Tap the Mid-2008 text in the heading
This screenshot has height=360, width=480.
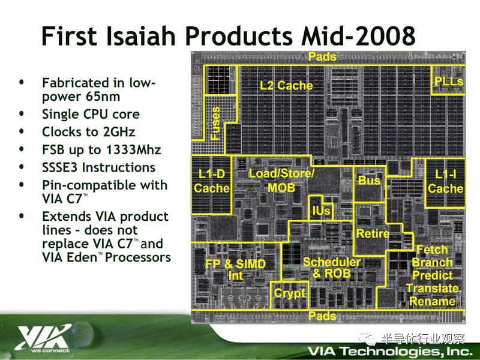[358, 36]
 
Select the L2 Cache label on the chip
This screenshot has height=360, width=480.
[286, 85]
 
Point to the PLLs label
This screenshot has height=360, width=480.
[449, 81]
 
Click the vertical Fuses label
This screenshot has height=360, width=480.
[215, 123]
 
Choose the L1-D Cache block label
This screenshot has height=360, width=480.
[212, 181]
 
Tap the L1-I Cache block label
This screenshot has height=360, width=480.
[445, 181]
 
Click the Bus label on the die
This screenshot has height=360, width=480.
[369, 181]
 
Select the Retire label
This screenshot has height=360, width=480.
[373, 233]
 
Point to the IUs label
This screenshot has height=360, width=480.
[321, 211]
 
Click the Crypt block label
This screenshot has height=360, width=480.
[290, 293]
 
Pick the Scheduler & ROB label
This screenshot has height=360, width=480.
[332, 268]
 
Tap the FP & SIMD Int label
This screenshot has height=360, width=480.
[235, 269]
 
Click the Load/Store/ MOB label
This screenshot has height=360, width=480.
[281, 181]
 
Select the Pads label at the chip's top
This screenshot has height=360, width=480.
[322, 56]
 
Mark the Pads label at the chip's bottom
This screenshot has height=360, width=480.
[322, 316]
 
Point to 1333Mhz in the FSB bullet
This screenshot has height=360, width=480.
[133, 149]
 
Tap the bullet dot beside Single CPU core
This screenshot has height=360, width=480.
[22, 113]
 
